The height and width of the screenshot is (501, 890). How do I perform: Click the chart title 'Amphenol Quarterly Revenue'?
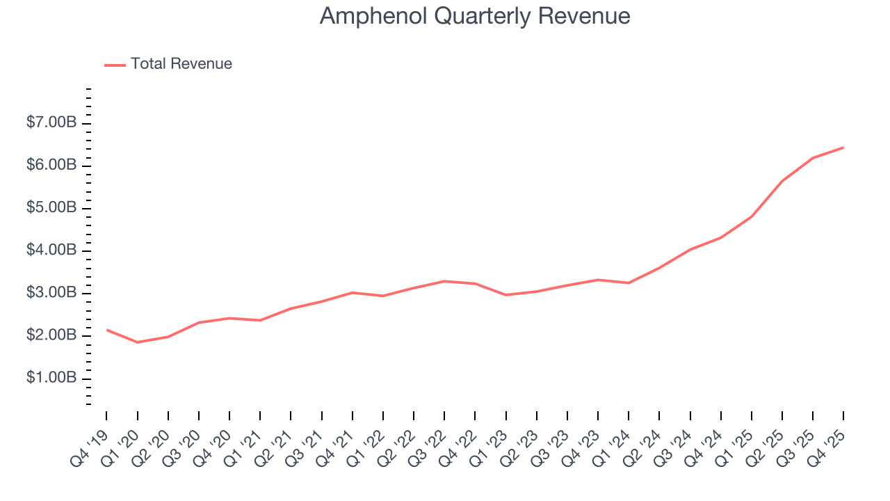(475, 16)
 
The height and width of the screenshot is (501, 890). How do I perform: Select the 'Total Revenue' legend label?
(181, 64)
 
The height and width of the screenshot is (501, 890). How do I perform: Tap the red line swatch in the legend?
(115, 65)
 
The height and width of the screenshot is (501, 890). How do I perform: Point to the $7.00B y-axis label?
(51, 123)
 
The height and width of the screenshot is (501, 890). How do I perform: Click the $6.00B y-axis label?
(51, 166)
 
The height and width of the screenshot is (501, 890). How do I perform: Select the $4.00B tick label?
(51, 250)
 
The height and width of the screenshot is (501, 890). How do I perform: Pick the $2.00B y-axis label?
(51, 335)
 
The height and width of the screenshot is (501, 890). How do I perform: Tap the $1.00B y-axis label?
(51, 378)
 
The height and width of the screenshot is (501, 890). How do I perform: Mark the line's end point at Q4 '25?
(843, 148)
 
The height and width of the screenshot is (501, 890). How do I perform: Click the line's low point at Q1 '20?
(137, 342)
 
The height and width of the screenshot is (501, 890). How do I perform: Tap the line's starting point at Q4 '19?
(106, 330)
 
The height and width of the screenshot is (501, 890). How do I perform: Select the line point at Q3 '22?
(444, 281)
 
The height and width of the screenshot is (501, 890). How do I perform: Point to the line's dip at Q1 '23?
(505, 295)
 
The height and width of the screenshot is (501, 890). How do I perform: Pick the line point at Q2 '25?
(782, 181)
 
